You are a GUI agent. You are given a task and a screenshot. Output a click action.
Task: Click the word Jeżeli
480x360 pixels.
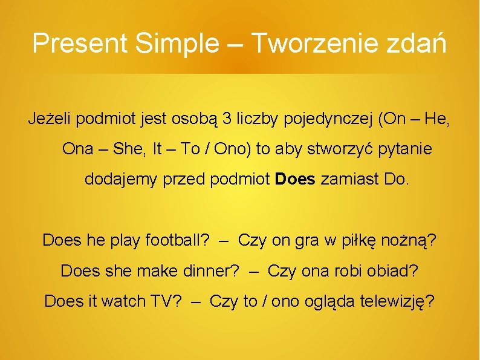(50, 119)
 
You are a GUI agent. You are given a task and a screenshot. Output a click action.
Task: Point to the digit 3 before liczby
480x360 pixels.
(227, 119)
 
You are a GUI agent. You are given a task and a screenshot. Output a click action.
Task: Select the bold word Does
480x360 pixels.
(295, 179)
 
